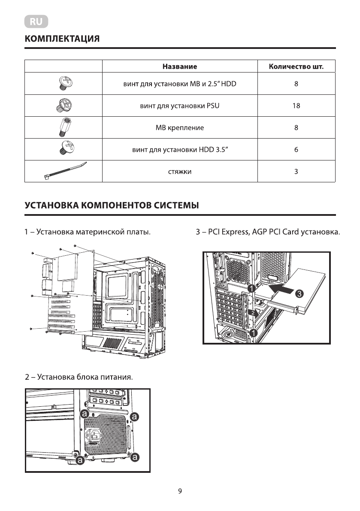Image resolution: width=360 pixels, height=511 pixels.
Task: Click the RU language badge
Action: pos(36,21)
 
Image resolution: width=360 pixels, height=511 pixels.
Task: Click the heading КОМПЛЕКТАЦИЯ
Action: pos(63,39)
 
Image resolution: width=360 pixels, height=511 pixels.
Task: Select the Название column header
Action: pos(180,67)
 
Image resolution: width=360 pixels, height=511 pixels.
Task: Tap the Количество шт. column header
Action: pos(296,67)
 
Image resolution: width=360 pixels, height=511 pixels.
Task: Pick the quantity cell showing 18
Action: pos(296,106)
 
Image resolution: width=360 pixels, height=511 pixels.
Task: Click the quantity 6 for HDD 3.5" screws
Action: pos(296,150)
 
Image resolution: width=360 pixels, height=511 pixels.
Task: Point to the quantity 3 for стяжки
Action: pos(296,172)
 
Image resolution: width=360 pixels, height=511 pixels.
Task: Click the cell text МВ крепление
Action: pos(180,128)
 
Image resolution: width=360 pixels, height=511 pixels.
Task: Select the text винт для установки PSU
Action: pos(180,106)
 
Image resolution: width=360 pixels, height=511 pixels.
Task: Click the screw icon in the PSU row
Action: pos(64,105)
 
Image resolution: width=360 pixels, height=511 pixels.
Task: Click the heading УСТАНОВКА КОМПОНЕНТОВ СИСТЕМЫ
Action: pos(112,205)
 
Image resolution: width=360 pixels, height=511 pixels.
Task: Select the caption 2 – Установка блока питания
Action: pos(79,378)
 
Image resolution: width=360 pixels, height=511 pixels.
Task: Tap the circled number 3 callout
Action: pos(299,293)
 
